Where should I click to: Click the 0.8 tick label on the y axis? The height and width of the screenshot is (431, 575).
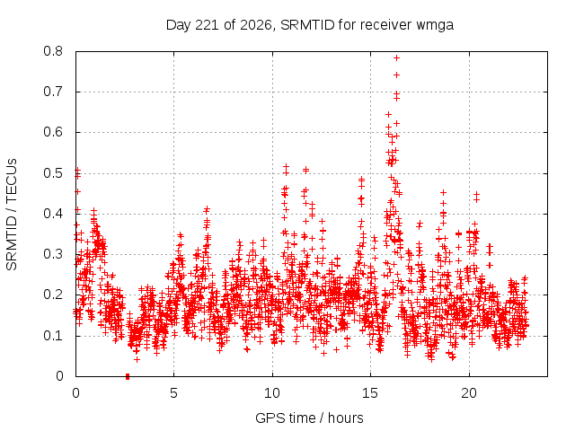click(53, 51)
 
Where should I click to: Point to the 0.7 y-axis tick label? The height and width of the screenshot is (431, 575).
click(53, 92)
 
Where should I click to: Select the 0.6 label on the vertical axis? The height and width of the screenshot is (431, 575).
click(53, 132)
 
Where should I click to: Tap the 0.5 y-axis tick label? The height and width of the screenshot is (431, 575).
click(53, 173)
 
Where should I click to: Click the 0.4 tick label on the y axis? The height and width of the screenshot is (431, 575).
click(53, 214)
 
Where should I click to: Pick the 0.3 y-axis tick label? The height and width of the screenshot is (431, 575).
click(53, 254)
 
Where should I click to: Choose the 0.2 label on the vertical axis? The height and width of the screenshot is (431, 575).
click(53, 295)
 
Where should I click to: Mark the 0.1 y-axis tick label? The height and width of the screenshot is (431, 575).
click(53, 335)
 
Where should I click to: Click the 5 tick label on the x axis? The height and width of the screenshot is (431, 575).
click(173, 393)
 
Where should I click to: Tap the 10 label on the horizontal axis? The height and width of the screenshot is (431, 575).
click(272, 393)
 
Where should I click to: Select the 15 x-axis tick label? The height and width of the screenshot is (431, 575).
click(370, 393)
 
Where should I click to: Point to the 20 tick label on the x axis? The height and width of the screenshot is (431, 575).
click(469, 393)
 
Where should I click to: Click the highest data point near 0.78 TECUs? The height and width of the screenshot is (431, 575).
click(396, 57)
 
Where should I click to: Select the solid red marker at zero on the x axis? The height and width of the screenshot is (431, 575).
click(128, 376)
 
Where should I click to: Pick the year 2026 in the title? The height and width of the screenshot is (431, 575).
click(256, 25)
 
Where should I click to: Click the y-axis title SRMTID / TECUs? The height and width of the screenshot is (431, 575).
click(12, 215)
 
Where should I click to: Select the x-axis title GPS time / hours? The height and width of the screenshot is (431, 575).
click(309, 418)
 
